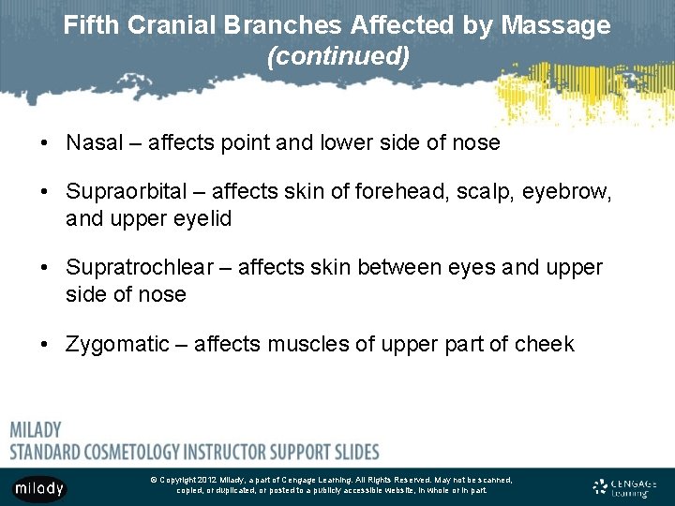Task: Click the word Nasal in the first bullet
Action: [x=94, y=142]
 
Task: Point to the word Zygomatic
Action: [x=117, y=344]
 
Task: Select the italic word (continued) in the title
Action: [x=337, y=56]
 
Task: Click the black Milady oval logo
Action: [x=39, y=487]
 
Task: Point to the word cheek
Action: [x=544, y=344]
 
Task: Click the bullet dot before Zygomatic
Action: [x=45, y=345]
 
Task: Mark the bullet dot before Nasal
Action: [x=45, y=143]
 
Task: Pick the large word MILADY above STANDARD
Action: [x=36, y=430]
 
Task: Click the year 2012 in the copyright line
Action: [x=207, y=480]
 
